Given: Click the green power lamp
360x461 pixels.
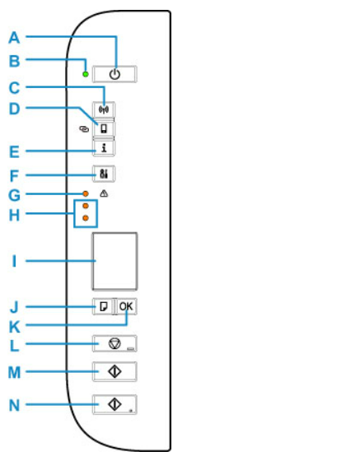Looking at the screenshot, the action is (x=86, y=74).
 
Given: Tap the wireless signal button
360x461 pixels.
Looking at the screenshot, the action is (x=104, y=109).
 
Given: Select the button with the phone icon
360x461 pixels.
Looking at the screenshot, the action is (x=104, y=128).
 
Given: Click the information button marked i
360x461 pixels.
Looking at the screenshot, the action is (x=104, y=148).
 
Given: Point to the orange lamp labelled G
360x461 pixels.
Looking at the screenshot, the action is (x=86, y=193).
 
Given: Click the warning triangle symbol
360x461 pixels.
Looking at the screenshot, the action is (x=104, y=193).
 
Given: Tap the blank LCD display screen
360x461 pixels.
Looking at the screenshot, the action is (x=115, y=261).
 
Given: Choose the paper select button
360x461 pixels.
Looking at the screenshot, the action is (x=103, y=306).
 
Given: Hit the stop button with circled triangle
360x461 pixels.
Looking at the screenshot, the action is (x=115, y=343).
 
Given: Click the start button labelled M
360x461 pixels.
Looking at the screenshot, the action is (x=115, y=371).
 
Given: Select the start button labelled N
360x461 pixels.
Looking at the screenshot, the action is (x=115, y=404).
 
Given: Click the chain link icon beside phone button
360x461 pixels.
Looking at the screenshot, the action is (x=84, y=128).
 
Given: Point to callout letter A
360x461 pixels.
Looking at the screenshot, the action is (x=14, y=38).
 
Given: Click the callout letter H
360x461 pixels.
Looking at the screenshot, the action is (x=14, y=215).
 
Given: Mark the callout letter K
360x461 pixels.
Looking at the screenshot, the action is (x=14, y=327).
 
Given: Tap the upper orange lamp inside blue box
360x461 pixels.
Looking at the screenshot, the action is (x=86, y=206).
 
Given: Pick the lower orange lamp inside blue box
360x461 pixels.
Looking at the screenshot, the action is (x=86, y=218).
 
